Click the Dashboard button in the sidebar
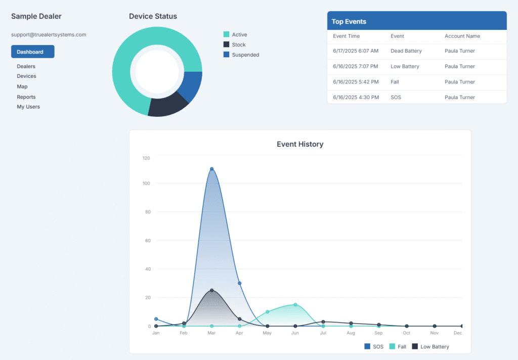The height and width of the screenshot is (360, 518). (32, 52)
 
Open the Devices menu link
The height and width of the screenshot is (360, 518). (26, 76)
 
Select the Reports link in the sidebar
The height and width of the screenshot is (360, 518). (26, 97)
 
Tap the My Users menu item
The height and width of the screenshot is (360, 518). (28, 107)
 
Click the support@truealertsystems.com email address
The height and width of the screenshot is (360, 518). (49, 35)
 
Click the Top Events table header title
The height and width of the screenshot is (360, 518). (349, 22)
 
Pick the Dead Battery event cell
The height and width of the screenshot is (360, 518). (406, 51)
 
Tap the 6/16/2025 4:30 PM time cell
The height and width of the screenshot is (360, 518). (356, 97)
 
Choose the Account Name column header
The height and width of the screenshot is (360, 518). (462, 36)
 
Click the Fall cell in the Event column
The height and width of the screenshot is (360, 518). (396, 82)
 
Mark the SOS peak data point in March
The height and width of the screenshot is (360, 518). (211, 169)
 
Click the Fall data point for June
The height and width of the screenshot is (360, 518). (295, 304)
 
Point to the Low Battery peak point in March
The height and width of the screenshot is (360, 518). (211, 290)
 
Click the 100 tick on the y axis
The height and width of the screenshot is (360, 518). (146, 183)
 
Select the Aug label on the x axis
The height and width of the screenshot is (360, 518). (351, 334)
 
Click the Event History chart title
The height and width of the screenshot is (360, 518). (300, 144)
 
